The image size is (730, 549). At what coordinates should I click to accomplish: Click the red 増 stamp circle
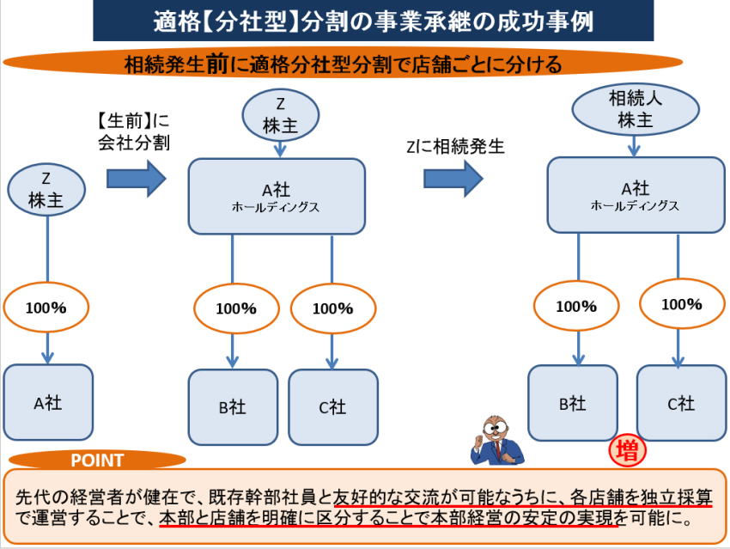tap(627, 450)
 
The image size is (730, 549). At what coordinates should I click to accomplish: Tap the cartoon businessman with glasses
tap(496, 441)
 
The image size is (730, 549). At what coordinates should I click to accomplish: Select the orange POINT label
tap(97, 460)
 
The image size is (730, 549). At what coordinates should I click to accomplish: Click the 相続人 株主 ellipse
tap(635, 109)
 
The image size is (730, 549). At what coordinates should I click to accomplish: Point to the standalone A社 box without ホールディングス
tap(48, 402)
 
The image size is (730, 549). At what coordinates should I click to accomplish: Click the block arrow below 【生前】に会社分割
tap(136, 179)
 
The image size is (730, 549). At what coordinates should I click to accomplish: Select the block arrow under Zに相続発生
tap(453, 179)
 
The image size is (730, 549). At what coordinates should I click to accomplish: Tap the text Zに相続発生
tap(455, 146)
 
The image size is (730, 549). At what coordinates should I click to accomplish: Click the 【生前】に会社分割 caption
tap(134, 131)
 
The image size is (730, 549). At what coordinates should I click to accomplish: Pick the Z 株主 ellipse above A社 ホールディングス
tap(280, 115)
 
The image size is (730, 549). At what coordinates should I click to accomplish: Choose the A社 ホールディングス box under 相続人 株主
tap(636, 195)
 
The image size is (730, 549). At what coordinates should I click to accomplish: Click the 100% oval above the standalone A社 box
tap(46, 308)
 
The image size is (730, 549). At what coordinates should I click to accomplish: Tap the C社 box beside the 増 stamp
tap(681, 403)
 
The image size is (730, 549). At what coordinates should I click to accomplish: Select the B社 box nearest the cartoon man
tap(573, 403)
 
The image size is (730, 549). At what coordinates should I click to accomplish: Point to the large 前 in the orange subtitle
tap(217, 64)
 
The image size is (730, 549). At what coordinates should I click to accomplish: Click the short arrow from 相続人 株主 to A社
tap(634, 146)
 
